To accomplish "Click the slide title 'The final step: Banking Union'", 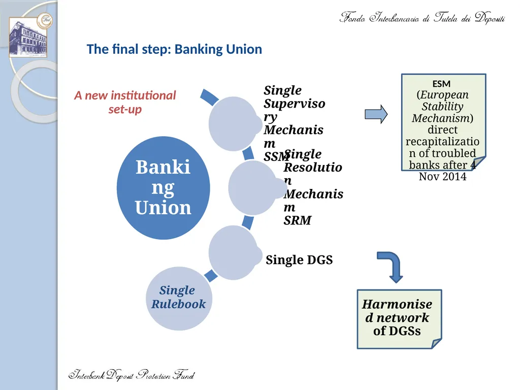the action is (175, 49).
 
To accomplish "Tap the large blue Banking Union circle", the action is (163, 188).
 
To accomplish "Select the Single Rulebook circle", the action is (179, 298).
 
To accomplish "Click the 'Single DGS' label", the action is (299, 259).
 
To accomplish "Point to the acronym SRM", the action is (298, 220).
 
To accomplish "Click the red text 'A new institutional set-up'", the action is (125, 102).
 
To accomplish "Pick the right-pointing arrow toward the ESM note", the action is (376, 114).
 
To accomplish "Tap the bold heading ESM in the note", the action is (441, 84).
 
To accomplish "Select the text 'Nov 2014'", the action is (442, 176).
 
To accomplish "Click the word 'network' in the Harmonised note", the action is (403, 318).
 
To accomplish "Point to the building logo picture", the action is (28, 37).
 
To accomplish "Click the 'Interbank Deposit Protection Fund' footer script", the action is (132, 375).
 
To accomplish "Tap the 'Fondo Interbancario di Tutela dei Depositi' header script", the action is (422, 17).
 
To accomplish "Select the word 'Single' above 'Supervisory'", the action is (282, 90).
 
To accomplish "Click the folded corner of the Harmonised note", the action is (436, 344).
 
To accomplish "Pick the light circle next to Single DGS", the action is (234, 252).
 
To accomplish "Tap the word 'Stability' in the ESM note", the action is (442, 107).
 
